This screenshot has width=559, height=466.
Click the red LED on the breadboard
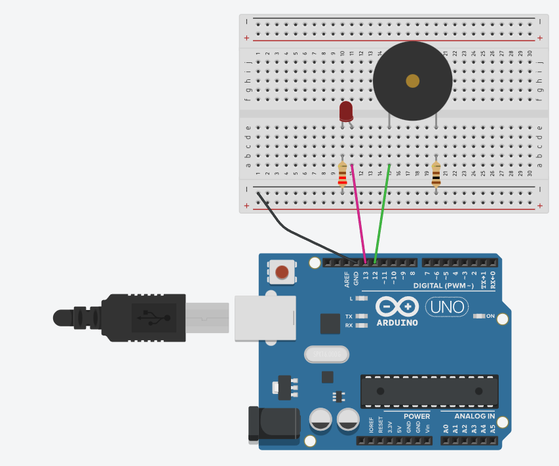click(x=346, y=111)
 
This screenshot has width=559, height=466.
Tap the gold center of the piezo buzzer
click(x=412, y=81)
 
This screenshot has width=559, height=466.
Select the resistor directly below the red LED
click(x=342, y=176)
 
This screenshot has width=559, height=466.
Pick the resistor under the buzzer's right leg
click(x=436, y=175)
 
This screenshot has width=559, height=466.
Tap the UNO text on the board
click(x=448, y=306)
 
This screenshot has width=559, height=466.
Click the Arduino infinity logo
click(x=397, y=307)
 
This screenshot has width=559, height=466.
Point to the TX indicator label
click(x=349, y=316)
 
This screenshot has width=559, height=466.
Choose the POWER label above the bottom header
click(x=417, y=416)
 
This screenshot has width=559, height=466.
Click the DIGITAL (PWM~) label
click(x=444, y=286)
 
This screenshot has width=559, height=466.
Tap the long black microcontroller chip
click(x=429, y=391)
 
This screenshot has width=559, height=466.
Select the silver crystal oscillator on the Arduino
click(x=326, y=355)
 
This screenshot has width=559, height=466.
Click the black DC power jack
click(x=272, y=424)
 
